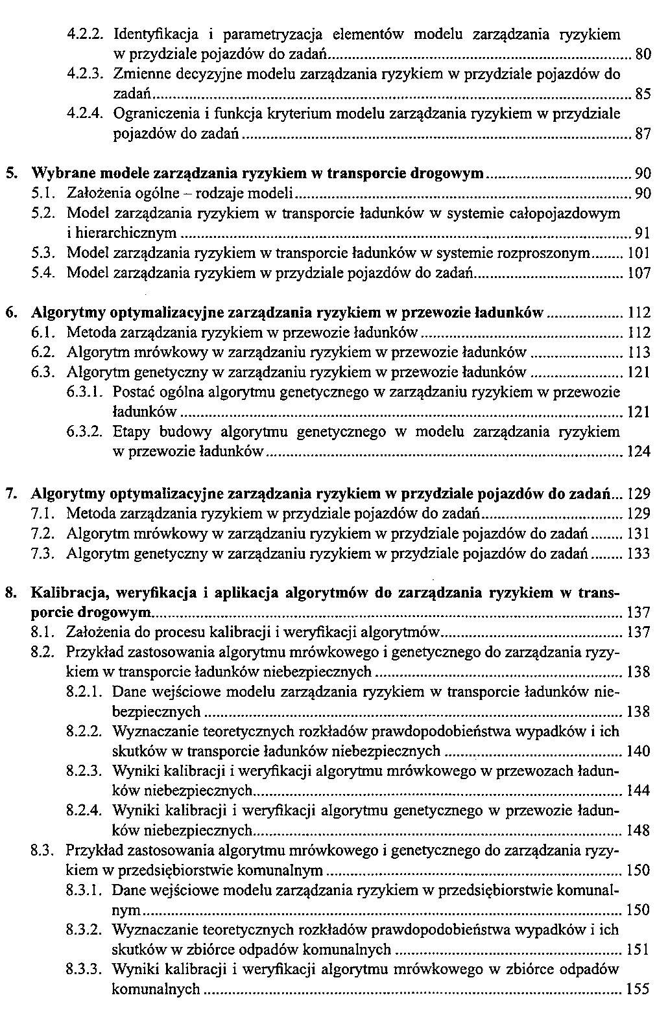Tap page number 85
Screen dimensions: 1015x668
pyautogui.click(x=642, y=95)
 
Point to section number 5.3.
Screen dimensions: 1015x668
pyautogui.click(x=42, y=253)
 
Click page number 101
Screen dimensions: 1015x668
pyautogui.click(x=639, y=253)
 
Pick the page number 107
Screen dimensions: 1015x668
pyautogui.click(x=639, y=274)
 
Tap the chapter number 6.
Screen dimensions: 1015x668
pyautogui.click(x=12, y=313)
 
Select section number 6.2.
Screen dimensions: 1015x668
pyautogui.click(x=42, y=353)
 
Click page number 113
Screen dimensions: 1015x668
pyautogui.click(x=639, y=353)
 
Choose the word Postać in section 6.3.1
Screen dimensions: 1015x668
pyautogui.click(x=132, y=392)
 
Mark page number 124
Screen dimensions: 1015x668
pyautogui.click(x=639, y=452)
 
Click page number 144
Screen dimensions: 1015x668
pyautogui.click(x=639, y=791)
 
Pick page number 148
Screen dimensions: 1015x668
pyautogui.click(x=639, y=830)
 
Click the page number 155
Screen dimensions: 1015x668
pyautogui.click(x=639, y=990)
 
